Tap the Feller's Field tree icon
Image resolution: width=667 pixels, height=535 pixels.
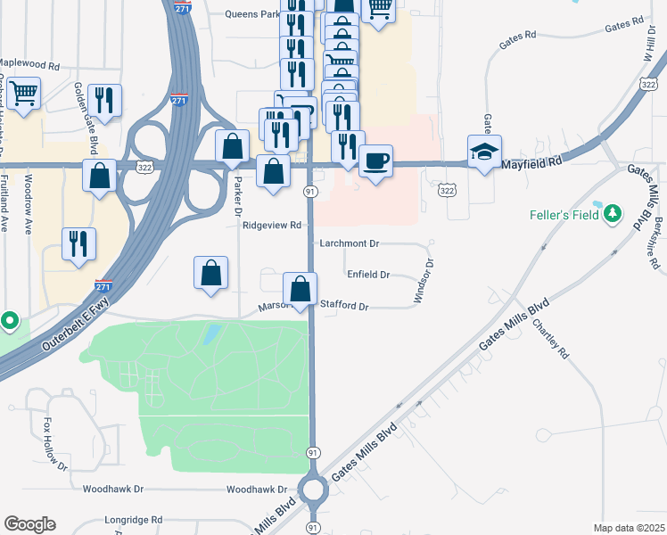612,213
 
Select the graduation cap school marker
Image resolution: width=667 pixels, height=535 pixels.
484,152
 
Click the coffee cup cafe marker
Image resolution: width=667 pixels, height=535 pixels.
375,161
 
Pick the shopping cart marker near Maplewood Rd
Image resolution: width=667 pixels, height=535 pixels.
24,92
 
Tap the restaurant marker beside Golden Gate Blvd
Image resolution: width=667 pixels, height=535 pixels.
106,101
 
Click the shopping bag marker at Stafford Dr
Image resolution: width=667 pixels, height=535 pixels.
301,289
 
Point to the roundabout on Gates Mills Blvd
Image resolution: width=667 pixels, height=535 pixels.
313,490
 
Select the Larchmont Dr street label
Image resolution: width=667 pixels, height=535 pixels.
350,243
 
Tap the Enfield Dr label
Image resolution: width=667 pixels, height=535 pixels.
368,275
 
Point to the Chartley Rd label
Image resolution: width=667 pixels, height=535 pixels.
550,338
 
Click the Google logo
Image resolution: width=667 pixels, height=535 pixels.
29,524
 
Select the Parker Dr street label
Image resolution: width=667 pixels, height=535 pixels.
238,196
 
